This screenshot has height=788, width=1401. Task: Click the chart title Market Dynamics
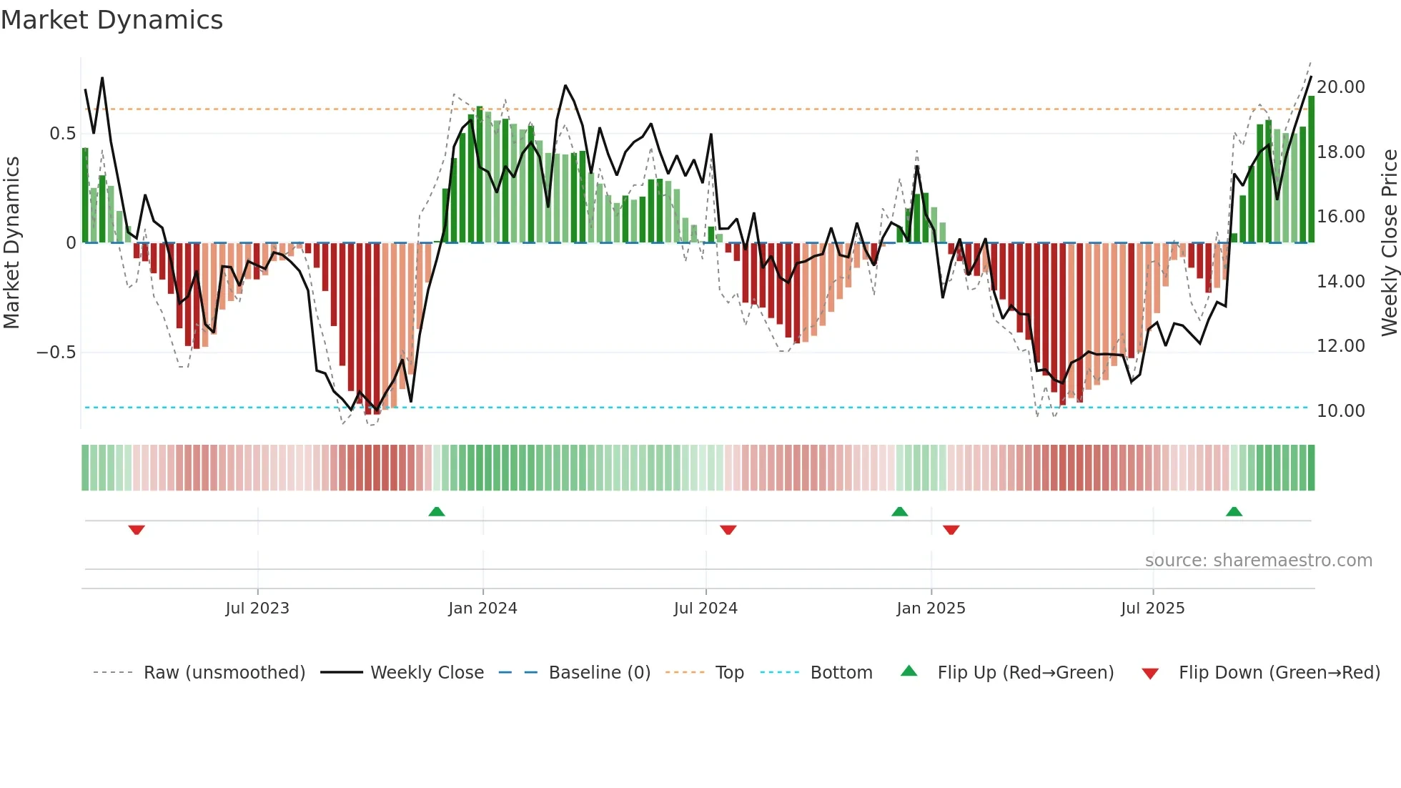(x=112, y=20)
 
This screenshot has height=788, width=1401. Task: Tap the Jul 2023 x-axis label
(x=257, y=609)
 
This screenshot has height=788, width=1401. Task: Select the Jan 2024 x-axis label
(x=482, y=609)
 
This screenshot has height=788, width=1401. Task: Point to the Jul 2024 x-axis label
(x=706, y=609)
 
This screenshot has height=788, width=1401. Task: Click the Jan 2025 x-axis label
(x=931, y=609)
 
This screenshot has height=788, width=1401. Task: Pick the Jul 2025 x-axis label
(x=1152, y=609)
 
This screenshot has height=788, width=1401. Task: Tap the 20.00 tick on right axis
(x=1340, y=87)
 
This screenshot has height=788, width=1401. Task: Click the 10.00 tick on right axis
(x=1340, y=411)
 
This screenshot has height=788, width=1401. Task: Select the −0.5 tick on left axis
(x=56, y=353)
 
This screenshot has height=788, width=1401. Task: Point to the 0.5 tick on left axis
(x=62, y=134)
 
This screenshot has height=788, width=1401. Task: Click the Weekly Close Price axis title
(x=1389, y=242)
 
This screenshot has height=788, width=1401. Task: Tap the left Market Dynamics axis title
(x=11, y=242)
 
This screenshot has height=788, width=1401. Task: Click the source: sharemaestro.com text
(x=1258, y=561)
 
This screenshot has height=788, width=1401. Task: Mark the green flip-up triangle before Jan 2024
(x=437, y=511)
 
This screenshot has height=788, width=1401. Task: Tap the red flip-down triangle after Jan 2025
(x=951, y=530)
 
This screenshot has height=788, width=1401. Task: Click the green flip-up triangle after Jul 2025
(x=1234, y=511)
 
